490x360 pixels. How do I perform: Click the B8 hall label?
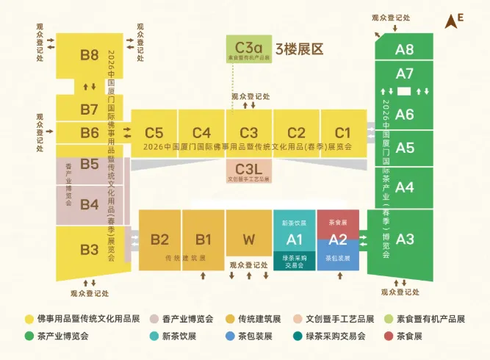[90, 54]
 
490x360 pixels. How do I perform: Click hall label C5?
[154, 133]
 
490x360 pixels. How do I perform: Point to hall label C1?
[342, 133]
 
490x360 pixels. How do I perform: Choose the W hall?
[248, 239]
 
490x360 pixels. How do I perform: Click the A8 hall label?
[405, 50]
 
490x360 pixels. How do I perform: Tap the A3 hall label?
[405, 239]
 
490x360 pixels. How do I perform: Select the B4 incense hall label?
[90, 204]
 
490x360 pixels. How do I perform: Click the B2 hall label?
[159, 239]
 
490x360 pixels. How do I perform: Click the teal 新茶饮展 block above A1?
[294, 222]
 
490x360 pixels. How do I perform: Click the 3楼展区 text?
[299, 50]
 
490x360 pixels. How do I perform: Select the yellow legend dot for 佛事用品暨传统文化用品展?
[29, 320]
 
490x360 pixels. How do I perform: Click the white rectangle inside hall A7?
[404, 91]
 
